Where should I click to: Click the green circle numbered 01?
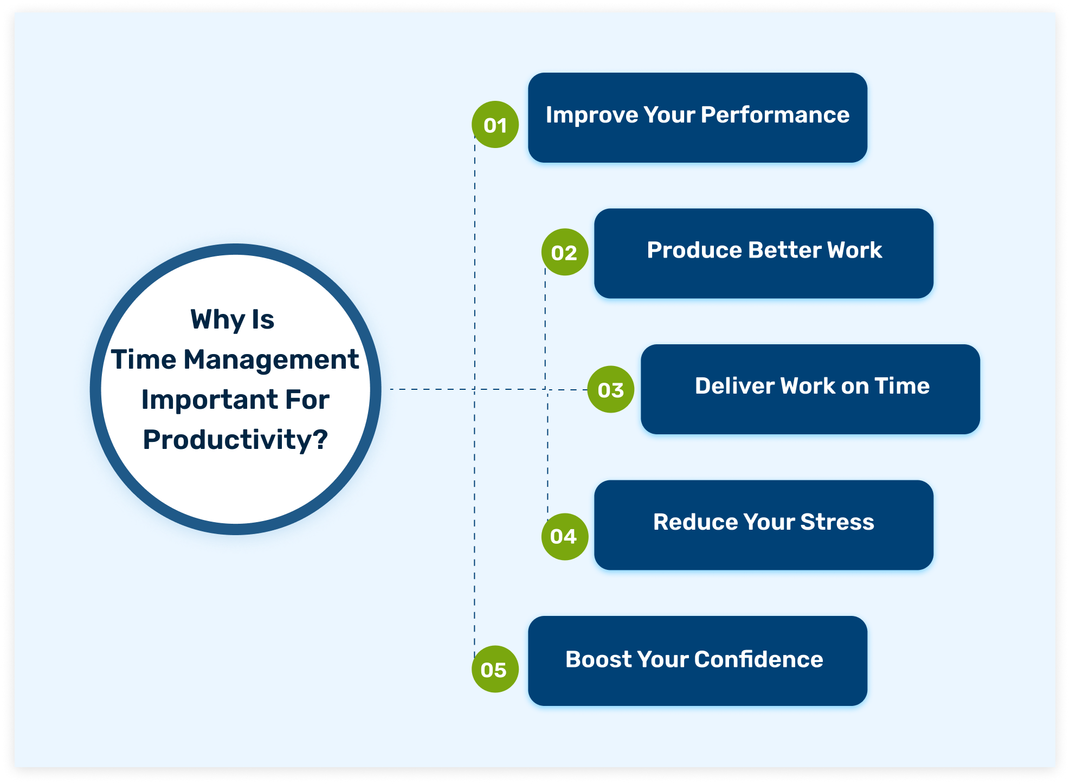click(x=495, y=125)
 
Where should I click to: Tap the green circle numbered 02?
click(x=565, y=252)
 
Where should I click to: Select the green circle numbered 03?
click(x=611, y=389)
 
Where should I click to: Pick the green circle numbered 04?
click(x=564, y=536)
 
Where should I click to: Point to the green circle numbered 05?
click(x=495, y=669)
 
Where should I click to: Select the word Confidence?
click(x=758, y=659)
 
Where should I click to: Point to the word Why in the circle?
click(x=217, y=320)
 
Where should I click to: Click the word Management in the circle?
click(x=271, y=359)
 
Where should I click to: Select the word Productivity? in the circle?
click(x=235, y=440)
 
